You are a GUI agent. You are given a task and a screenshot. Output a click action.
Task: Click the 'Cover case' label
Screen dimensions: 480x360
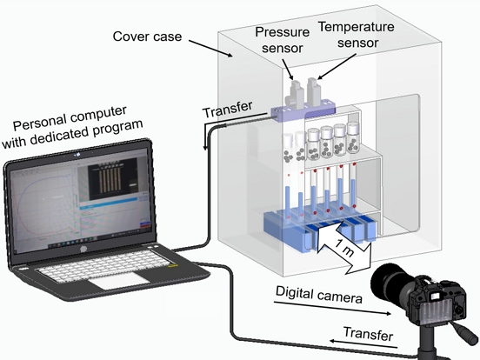[147, 37]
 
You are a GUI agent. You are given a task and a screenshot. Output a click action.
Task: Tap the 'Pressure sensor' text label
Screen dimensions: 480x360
[283, 40]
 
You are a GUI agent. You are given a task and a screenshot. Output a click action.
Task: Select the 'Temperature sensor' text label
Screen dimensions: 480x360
[357, 35]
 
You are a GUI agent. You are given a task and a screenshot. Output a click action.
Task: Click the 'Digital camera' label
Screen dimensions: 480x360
[318, 295]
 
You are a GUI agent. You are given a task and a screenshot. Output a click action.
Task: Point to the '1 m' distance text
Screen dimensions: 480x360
[344, 247]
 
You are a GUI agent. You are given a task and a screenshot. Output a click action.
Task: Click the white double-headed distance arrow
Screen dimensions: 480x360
[343, 246]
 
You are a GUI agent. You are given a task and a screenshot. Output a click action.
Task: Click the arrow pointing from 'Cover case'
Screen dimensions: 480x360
[210, 49]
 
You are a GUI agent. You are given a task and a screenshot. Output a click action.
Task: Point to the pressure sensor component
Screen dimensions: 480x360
[295, 94]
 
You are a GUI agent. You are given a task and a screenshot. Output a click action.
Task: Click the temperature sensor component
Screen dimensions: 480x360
[314, 92]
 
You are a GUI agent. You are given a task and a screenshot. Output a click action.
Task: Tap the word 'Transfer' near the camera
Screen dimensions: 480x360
[368, 333]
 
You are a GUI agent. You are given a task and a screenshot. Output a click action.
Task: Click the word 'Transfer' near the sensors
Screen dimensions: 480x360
[228, 109]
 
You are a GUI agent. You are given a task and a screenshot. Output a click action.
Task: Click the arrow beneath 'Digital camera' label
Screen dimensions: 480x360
[332, 308]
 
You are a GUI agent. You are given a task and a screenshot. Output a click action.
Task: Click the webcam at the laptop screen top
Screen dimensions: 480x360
[77, 154]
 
